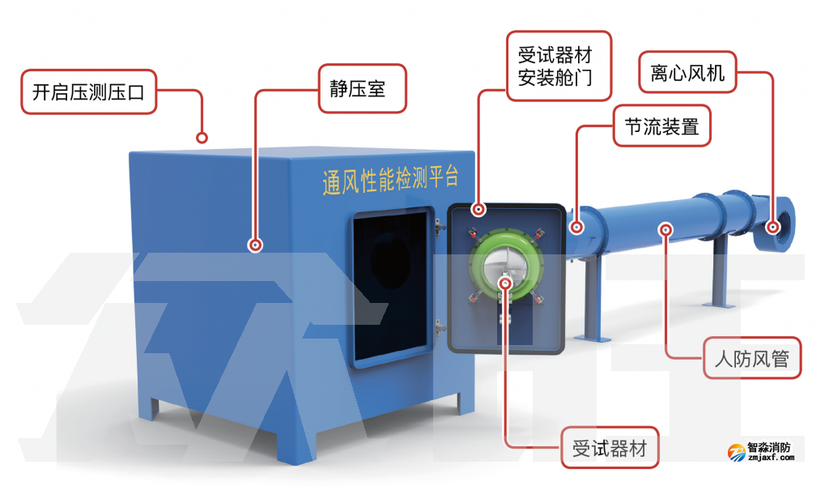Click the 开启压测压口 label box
point(87,92)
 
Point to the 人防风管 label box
point(751,357)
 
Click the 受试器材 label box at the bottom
point(610,447)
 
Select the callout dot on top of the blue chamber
point(202,138)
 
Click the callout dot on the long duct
point(665,229)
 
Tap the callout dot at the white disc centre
point(506,282)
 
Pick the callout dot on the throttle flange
point(576,228)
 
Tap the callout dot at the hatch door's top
point(478,210)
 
